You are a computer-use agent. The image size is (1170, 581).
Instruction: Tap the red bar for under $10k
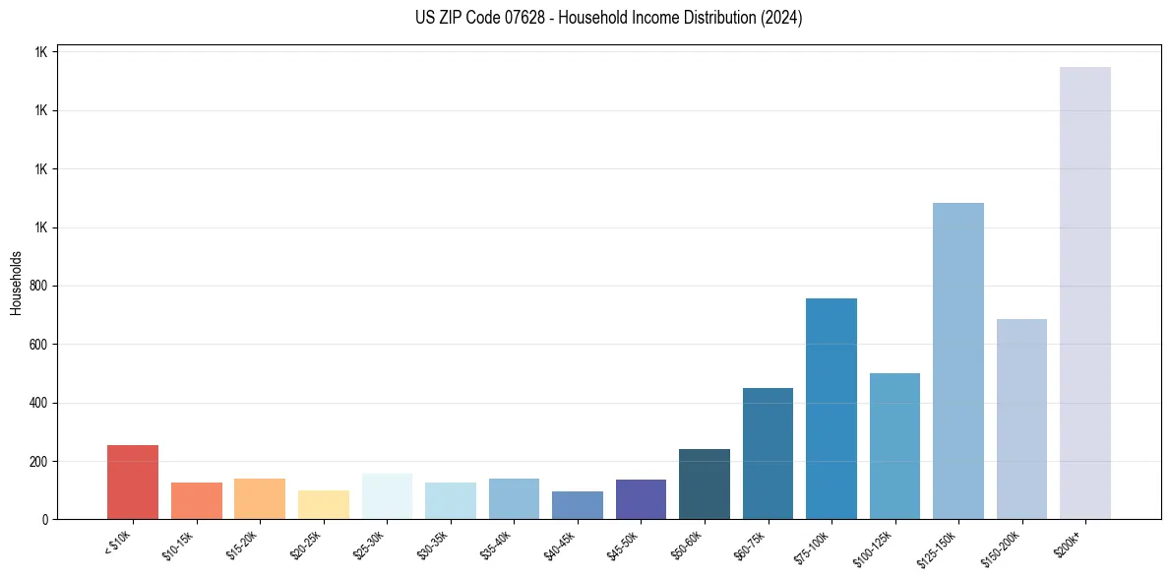click(x=133, y=482)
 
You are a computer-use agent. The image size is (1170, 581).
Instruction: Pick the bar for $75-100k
click(x=831, y=408)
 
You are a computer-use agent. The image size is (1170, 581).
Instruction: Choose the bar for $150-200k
click(x=1021, y=419)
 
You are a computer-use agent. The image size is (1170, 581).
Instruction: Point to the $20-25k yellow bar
click(x=323, y=504)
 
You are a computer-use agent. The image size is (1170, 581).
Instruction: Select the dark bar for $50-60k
click(x=704, y=484)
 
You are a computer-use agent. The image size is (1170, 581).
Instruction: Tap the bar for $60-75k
click(x=768, y=453)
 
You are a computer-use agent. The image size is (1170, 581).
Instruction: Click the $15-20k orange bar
click(x=260, y=498)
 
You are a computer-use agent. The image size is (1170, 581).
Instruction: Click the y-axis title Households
click(x=17, y=283)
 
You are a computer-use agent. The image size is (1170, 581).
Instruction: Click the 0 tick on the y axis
click(x=44, y=519)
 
